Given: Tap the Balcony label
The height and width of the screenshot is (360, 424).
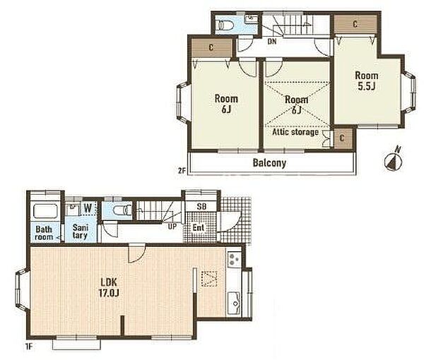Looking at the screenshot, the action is pos(269,163).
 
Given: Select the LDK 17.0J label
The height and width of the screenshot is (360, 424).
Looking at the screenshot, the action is pos(109,287).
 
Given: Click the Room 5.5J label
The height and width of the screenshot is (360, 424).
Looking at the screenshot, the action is pos(366,80).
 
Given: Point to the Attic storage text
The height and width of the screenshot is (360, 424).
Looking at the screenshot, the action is pos(295,132).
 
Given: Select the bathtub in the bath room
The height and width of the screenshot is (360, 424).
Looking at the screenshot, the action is pos(45,211).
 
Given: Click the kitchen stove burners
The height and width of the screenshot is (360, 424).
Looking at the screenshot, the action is pos(234,260).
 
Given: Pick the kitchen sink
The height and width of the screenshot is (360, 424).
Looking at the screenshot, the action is pos(234,303).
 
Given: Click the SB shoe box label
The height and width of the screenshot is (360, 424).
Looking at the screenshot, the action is pos(201,207).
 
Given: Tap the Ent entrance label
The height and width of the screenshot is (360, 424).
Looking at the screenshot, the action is pos(198,228).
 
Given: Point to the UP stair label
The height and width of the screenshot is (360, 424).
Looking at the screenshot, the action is pos(172,227).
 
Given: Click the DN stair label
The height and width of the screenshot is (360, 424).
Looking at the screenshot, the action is pos(272,42).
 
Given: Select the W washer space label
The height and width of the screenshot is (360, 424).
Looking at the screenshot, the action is pos(88,208).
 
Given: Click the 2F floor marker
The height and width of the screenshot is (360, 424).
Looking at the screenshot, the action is pos(182,170).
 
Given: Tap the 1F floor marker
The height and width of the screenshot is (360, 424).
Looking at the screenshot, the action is pos(30,347).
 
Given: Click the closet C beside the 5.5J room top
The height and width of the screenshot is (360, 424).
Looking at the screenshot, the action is pos(355,24).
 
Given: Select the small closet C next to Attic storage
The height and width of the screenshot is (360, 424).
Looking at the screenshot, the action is pos(342,138).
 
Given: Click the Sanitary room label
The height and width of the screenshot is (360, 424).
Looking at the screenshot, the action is pos(80,232).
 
